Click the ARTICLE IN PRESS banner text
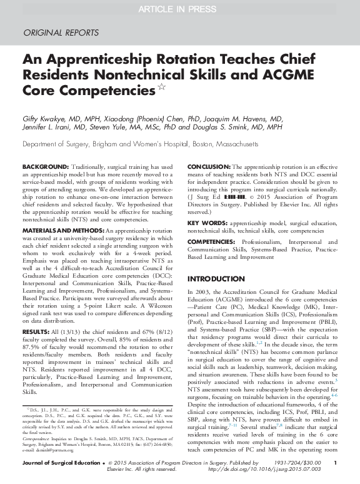179,8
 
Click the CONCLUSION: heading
209,167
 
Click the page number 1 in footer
335,463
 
